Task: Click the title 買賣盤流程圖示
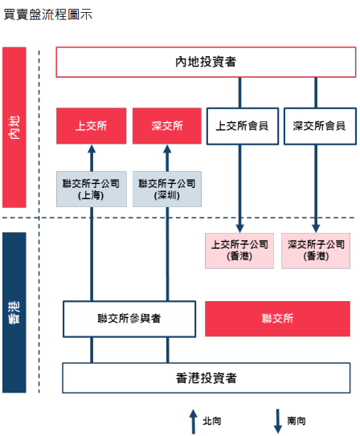(48, 14)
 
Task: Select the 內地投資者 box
(206, 62)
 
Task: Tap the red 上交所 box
(92, 126)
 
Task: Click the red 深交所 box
(167, 126)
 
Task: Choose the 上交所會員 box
(243, 126)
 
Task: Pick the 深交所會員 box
(320, 126)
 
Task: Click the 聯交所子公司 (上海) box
(92, 189)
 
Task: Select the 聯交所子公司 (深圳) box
(167, 189)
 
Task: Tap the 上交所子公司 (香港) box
(239, 251)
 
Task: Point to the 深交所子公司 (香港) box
(316, 251)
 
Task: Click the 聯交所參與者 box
(129, 319)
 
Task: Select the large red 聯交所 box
(278, 319)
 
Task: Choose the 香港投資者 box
(207, 378)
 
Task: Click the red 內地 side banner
(14, 128)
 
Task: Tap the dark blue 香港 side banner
(14, 312)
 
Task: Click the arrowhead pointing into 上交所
(92, 149)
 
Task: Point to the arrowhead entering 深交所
(167, 149)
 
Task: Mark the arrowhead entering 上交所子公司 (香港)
(239, 229)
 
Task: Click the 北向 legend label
(212, 421)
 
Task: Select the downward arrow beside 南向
(278, 422)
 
